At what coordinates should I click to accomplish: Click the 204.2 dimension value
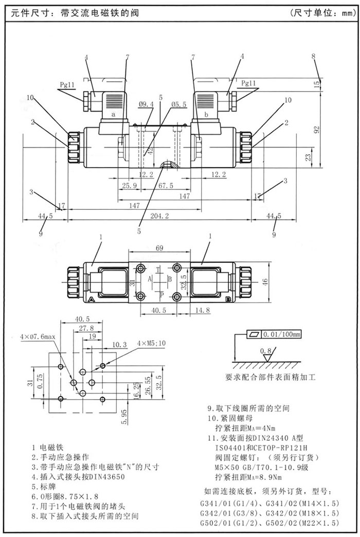point(160,217)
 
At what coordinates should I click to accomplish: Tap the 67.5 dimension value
point(165,185)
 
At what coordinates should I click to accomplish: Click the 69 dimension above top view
point(159,248)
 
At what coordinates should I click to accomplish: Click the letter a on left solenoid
point(113,115)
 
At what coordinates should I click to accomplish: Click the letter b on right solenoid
point(206,115)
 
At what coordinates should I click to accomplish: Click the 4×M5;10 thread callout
point(152,343)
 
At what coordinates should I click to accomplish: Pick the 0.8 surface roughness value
point(266,351)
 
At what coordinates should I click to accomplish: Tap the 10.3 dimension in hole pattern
point(119,344)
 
